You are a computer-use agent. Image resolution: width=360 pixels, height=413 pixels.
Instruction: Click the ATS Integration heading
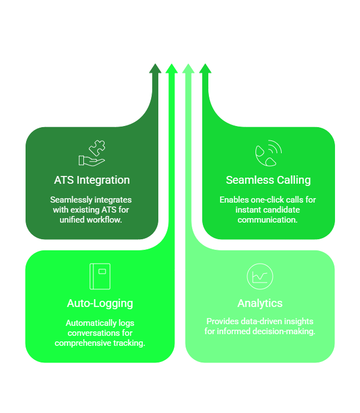92,180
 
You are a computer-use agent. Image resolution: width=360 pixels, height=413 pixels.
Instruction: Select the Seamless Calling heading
268,180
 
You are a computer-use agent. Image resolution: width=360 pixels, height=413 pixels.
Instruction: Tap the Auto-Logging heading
100,303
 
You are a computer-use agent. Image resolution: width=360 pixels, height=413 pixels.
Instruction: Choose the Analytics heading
260,303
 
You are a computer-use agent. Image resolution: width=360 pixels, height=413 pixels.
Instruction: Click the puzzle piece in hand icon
92,154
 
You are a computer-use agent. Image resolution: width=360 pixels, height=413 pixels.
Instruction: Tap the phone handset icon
268,154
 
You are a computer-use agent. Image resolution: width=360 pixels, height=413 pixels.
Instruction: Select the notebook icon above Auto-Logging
100,276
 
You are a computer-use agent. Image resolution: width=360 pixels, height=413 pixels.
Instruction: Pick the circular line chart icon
260,276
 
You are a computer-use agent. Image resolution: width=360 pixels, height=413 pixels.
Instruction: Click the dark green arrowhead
155,68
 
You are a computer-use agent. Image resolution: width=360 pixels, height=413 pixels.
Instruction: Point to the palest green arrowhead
188,68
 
